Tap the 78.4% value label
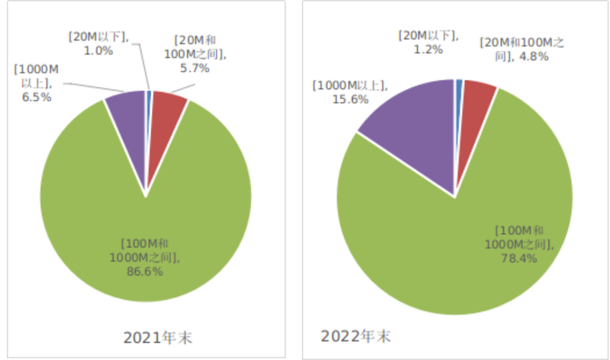[518, 258]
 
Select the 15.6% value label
[351, 99]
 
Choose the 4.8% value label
[534, 56]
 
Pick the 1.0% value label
[98, 51]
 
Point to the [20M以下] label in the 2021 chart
[98, 37]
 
